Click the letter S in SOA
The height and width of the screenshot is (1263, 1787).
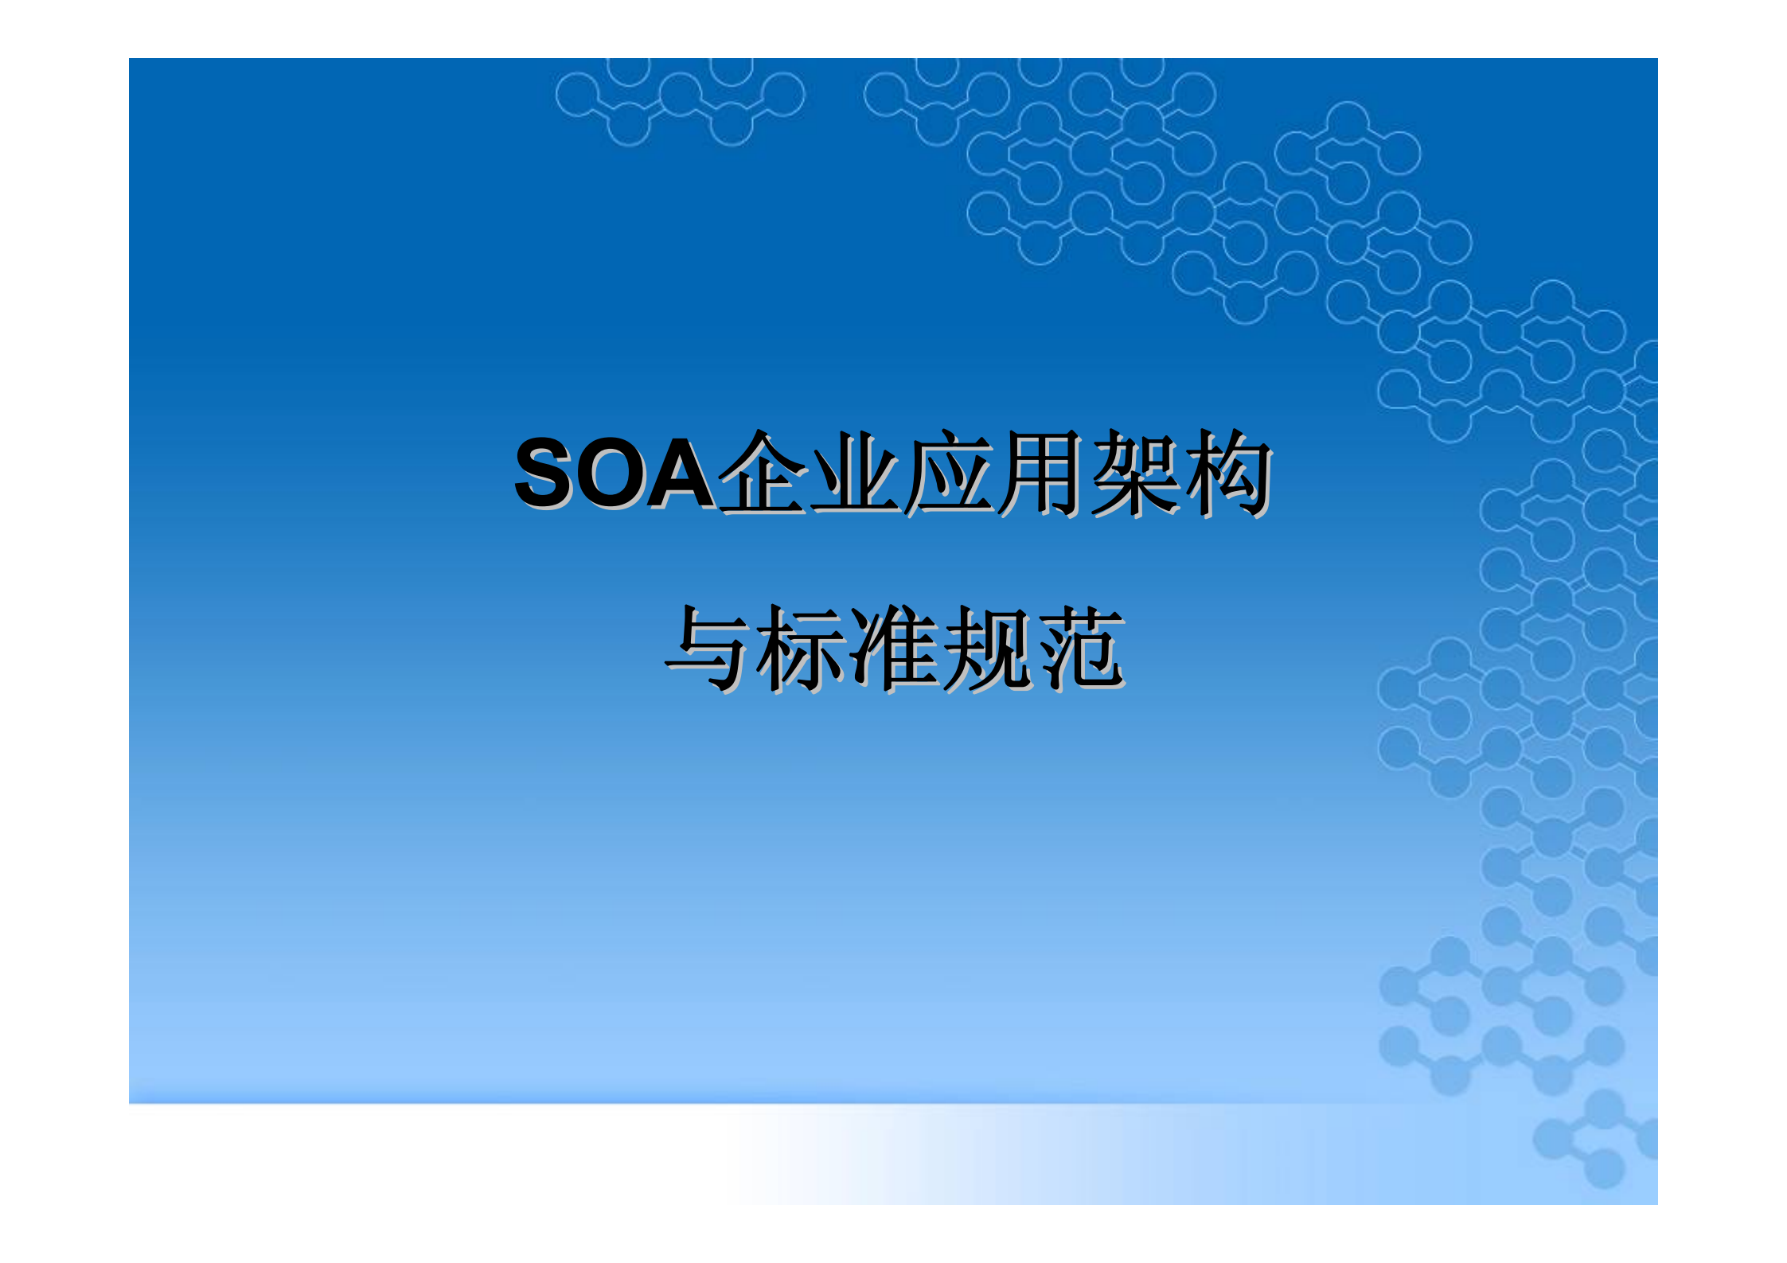[548, 474]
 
